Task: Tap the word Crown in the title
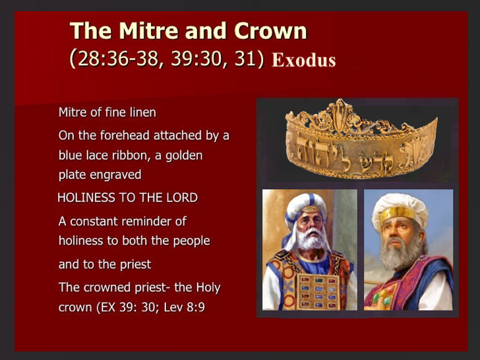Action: click(270, 30)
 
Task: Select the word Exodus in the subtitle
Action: click(304, 60)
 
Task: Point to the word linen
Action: click(142, 112)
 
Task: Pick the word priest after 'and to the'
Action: click(135, 264)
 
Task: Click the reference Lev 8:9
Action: click(185, 307)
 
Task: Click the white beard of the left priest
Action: click(311, 239)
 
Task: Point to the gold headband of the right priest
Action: click(397, 214)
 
